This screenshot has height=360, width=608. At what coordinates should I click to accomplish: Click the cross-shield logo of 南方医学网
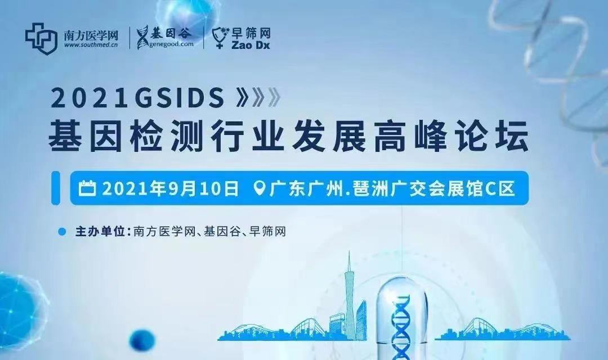tap(41, 37)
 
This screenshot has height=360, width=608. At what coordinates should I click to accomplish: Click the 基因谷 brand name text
tap(172, 33)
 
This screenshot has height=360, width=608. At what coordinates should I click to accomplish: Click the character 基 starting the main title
tap(63, 138)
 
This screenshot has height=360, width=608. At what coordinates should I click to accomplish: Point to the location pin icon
tap(260, 188)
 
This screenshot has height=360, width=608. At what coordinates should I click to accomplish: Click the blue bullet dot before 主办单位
tap(62, 231)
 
